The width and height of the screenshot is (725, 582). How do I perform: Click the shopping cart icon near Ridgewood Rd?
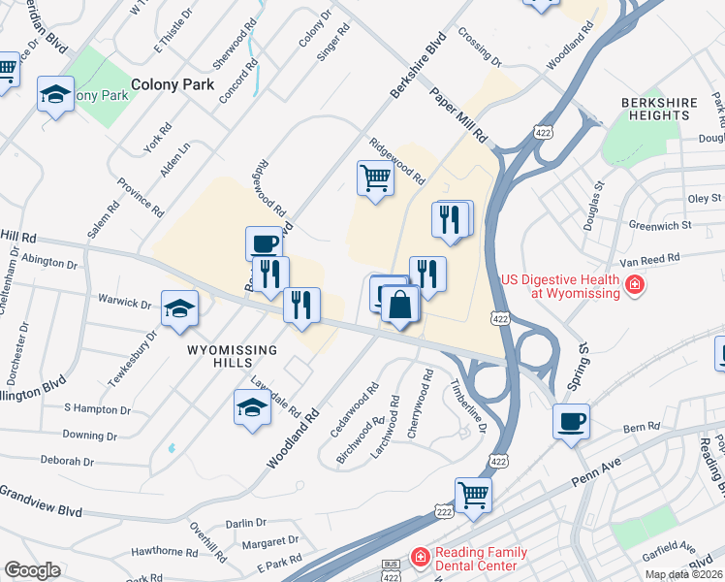(x=375, y=178)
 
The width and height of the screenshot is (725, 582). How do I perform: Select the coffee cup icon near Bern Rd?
(x=570, y=421)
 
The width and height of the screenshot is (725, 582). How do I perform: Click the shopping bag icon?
(x=399, y=305)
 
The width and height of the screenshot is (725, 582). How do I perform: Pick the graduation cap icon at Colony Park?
(x=55, y=94)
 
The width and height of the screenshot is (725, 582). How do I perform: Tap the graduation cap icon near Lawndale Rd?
(x=252, y=406)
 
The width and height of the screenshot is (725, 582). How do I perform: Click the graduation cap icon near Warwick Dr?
(x=179, y=308)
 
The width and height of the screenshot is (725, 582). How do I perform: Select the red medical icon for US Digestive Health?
(x=634, y=285)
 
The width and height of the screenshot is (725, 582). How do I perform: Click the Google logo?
(x=33, y=570)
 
